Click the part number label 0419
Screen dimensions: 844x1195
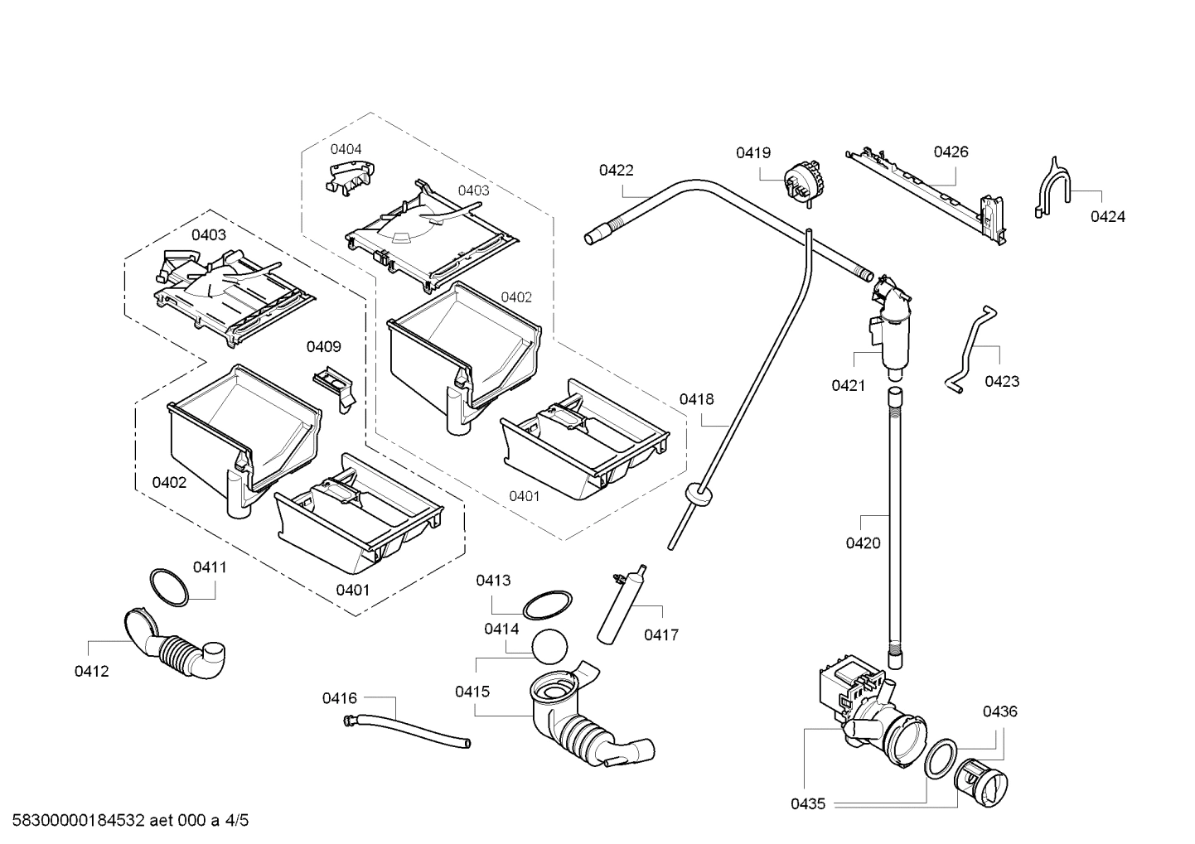tap(752, 152)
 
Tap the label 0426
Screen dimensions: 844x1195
tap(951, 152)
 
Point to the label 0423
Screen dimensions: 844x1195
tap(1002, 381)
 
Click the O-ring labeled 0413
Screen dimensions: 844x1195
tap(549, 604)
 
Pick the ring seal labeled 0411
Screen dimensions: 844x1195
tap(169, 586)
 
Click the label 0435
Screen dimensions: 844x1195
tap(807, 803)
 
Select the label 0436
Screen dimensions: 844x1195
tap(1000, 711)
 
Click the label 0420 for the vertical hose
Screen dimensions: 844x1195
tap(863, 543)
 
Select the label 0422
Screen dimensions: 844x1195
tap(616, 170)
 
